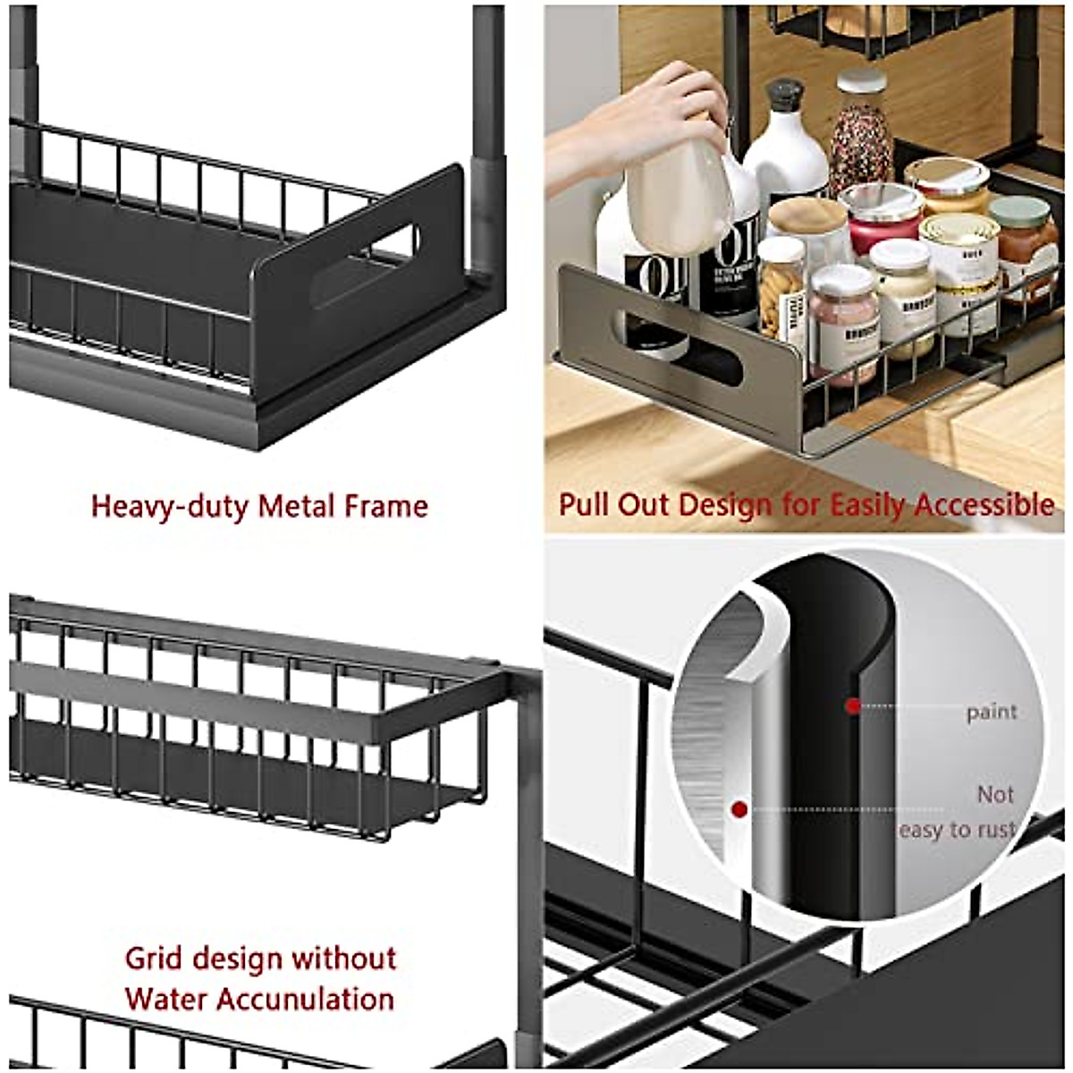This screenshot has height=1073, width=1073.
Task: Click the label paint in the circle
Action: coord(991,713)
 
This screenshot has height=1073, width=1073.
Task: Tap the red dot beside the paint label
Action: coord(853,706)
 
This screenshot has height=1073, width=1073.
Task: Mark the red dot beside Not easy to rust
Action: coord(739,810)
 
